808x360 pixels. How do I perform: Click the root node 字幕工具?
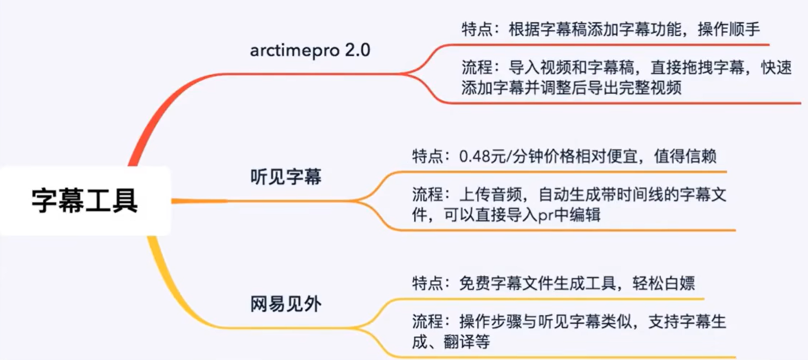(x=85, y=200)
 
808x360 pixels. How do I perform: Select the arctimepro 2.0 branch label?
(x=310, y=50)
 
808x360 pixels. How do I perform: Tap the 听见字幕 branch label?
(x=286, y=177)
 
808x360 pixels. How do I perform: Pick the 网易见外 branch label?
(x=286, y=304)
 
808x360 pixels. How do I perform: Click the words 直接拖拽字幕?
(x=675, y=68)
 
